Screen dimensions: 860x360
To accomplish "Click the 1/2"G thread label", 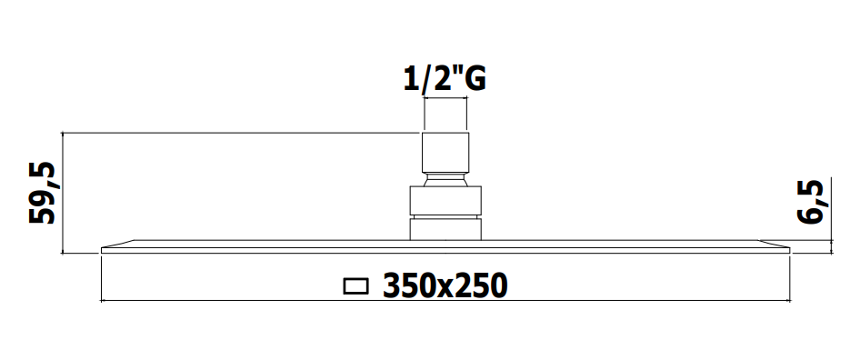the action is coord(445,79).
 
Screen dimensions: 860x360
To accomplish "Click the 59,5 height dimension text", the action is coord(43,193).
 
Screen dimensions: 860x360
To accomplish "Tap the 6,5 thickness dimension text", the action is coord(811,201).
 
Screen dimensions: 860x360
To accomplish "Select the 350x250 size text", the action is coord(445,285).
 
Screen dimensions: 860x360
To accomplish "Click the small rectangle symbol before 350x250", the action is coord(356,286).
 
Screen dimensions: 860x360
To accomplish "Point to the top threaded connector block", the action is coord(445,153).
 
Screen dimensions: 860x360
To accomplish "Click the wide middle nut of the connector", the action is coord(445,201).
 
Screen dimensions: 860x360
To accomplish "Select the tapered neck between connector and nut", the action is coord(445,181).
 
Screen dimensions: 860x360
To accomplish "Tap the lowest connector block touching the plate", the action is coord(445,228).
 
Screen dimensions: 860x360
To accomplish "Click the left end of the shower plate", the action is coord(103,250).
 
